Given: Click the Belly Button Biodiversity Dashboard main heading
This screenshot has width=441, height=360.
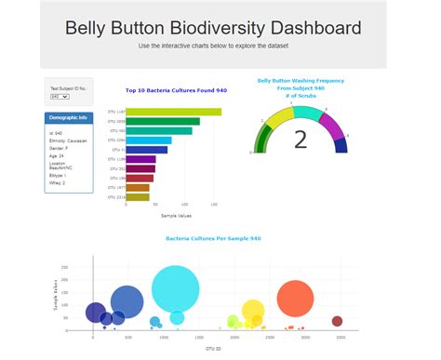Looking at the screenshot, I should pyautogui.click(x=213, y=28).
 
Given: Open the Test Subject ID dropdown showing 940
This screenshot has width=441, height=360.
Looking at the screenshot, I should pyautogui.click(x=59, y=96).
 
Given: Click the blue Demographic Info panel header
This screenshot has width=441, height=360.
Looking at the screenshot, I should pyautogui.click(x=68, y=118).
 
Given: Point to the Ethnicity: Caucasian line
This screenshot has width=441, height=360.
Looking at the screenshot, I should pyautogui.click(x=67, y=140).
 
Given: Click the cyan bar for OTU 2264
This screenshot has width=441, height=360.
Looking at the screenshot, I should pyautogui.click(x=148, y=140).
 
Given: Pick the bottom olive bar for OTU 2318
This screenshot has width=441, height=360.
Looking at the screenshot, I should pyautogui.click(x=137, y=197).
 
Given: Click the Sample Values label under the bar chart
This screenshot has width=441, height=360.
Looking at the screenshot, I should pyautogui.click(x=176, y=215).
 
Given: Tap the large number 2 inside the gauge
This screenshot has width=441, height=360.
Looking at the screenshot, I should pyautogui.click(x=300, y=140).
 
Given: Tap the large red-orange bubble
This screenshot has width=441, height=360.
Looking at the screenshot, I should pyautogui.click(x=297, y=300).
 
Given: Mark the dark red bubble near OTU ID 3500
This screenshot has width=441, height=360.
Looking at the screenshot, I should pyautogui.click(x=337, y=322).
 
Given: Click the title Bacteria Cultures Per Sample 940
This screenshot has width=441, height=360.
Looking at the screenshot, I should pyautogui.click(x=213, y=239).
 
